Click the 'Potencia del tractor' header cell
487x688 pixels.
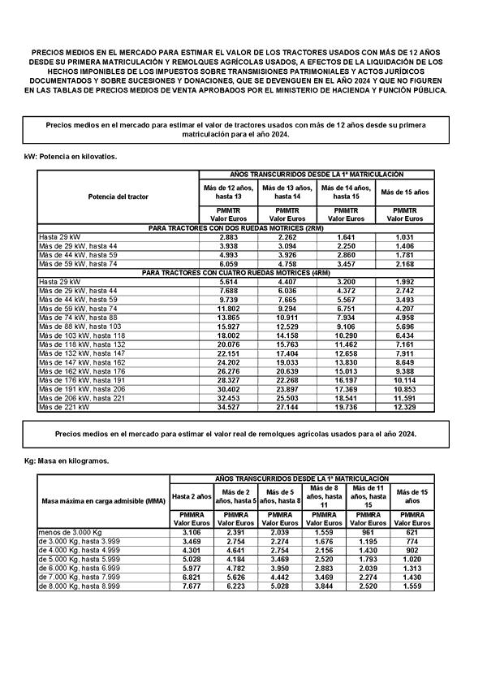[119, 197]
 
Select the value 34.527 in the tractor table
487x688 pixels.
[228, 407]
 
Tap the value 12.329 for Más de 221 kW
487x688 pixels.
[403, 407]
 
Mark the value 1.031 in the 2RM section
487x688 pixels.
[403, 236]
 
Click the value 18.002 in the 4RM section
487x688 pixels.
[228, 335]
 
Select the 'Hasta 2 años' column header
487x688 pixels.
[192, 495]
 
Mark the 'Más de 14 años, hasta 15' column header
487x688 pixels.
[341, 192]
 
